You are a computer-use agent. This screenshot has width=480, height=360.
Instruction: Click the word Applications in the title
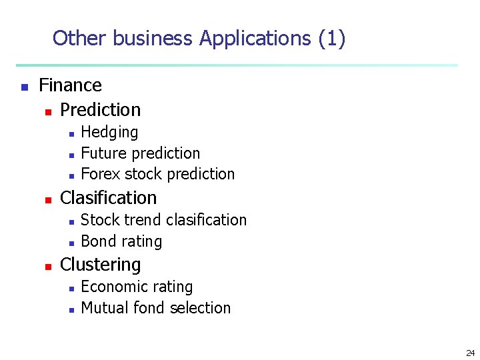255,39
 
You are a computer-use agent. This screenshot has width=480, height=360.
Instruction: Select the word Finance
70,85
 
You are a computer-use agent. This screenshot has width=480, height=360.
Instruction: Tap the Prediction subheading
100,109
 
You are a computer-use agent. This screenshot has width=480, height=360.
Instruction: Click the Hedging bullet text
109,132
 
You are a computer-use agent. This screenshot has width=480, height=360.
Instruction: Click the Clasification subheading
108,198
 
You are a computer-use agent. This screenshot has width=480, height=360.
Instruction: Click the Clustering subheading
100,265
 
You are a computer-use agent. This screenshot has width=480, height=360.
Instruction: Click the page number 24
470,353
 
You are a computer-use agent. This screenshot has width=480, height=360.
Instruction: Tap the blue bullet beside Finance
24,87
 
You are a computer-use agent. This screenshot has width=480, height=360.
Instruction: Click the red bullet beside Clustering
47,266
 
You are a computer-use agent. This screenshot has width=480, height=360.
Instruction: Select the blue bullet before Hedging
71,133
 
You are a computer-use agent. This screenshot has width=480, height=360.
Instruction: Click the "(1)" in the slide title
331,39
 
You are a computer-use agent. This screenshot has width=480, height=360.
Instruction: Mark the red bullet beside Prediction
47,111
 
